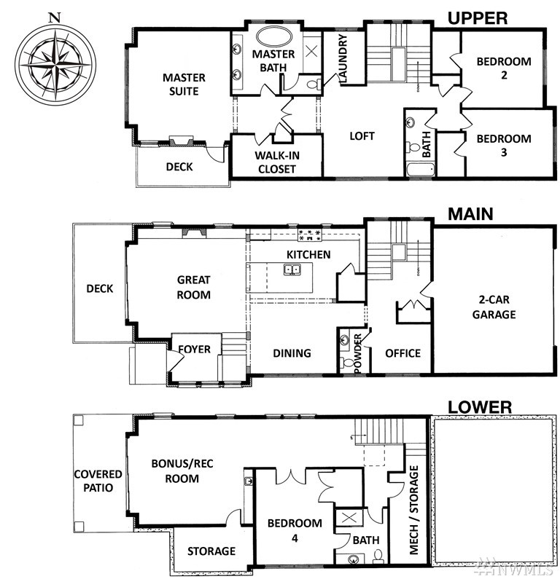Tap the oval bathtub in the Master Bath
coord(274,37)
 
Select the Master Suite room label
coord(184,84)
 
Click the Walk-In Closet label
coord(277,162)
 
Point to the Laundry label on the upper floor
coord(343,58)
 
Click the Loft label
coord(362,136)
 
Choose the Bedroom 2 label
coord(504,68)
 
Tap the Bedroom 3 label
coord(504,145)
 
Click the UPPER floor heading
coord(478,18)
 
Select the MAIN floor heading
coord(470,214)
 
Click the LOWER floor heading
coord(480,407)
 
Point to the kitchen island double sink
coord(292,269)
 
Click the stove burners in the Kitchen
coord(310,235)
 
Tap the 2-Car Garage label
coord(494,307)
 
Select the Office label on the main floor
coord(403,353)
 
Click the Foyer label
coord(195,349)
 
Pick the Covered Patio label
coord(98,481)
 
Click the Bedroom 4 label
coord(295,530)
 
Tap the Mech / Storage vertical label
coord(414,510)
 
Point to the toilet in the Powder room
coord(348,363)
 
